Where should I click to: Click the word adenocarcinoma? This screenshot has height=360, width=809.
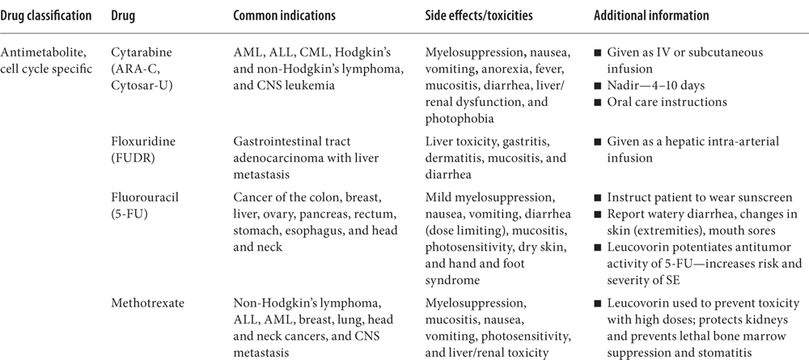pyautogui.click(x=273, y=159)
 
